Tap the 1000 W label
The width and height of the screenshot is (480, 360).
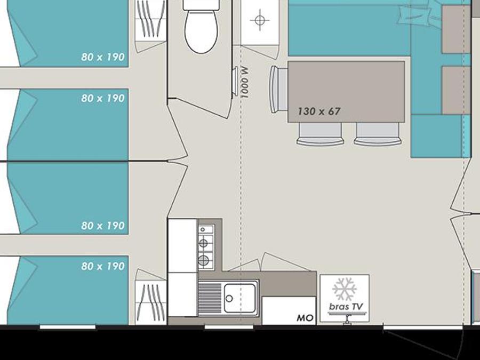coord(245,82)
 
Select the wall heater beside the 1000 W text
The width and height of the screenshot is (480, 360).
coord(235,82)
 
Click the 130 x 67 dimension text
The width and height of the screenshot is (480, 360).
coord(319,111)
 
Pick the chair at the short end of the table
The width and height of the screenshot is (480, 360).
coord(278,90)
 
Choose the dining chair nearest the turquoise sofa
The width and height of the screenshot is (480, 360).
coord(378,134)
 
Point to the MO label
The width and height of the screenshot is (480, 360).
coord(305,318)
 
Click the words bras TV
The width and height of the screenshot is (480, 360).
coord(346,306)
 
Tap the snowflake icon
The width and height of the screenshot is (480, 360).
coord(345,289)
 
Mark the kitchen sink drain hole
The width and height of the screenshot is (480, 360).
coord(229,299)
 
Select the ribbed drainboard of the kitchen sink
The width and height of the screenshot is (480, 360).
coord(210,298)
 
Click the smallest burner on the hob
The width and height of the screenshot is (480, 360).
coord(203,229)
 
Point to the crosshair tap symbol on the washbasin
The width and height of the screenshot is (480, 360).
coord(260,20)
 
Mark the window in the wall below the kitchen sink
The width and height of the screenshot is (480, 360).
coord(229,327)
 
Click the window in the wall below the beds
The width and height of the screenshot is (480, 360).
coord(68,327)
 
